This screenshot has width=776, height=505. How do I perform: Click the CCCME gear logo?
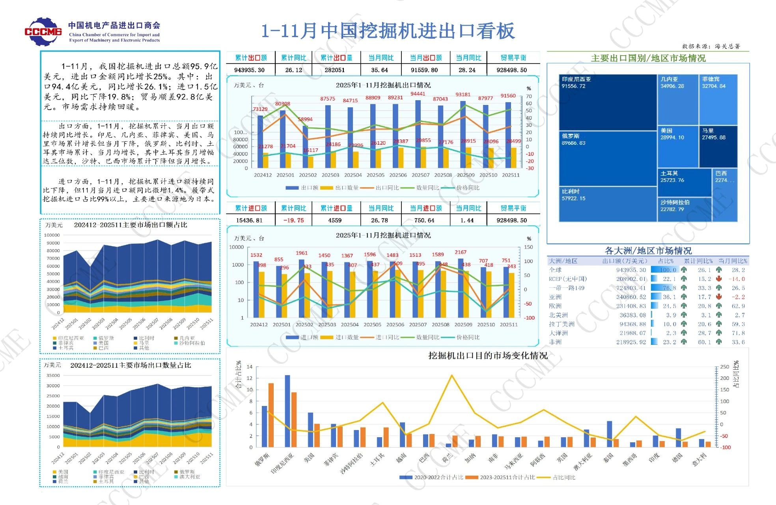[43, 31]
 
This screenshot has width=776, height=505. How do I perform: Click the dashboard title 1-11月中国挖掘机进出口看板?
[388, 31]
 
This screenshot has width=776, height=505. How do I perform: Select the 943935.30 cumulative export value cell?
[249, 70]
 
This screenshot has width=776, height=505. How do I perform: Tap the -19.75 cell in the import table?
[293, 220]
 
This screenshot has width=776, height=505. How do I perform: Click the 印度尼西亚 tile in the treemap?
[607, 102]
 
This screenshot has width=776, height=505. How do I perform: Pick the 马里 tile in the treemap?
[718, 146]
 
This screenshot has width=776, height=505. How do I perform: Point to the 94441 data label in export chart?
[418, 94]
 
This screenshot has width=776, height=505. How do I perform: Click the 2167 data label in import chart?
[460, 252]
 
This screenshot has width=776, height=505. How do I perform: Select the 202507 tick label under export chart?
[420, 175]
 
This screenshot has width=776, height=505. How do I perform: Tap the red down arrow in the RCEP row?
[719, 279]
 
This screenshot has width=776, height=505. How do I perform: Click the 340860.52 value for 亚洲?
[631, 297]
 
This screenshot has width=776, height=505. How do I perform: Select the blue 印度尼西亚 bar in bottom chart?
[287, 410]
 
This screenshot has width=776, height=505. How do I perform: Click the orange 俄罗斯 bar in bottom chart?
[271, 414]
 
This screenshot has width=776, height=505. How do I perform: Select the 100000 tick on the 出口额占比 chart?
[52, 235]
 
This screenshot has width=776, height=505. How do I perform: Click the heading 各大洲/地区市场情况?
[648, 251]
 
